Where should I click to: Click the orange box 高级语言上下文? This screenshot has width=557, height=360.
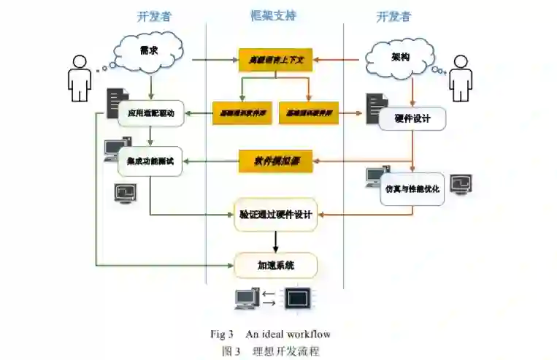pos(275,59)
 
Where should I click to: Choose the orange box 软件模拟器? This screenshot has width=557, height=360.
pos(275,160)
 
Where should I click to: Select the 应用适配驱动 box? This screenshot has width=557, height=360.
pos(150,113)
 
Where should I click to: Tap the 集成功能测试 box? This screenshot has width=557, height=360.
pos(150,161)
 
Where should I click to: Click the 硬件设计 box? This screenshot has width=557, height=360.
pos(412,117)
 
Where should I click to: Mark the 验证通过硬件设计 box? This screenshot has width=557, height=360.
pos(275,215)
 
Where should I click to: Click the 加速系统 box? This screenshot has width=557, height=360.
pos(275,265)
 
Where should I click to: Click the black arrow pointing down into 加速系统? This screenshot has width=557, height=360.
pos(275,242)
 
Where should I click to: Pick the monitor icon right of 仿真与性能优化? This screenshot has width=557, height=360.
pos(461,184)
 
